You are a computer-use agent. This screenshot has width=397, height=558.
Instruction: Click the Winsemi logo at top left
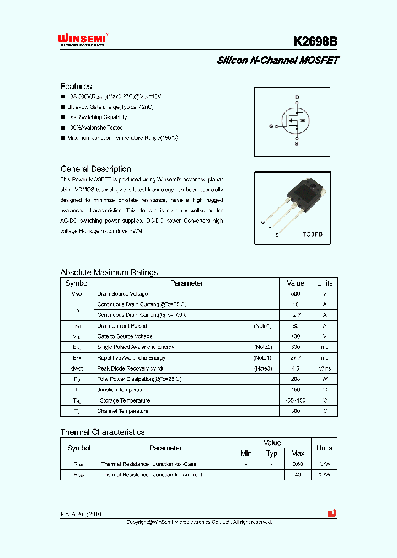tap(82, 40)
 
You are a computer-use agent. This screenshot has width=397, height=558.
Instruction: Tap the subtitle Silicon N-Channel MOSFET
tap(277, 60)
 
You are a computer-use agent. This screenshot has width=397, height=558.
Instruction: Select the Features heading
tap(76, 87)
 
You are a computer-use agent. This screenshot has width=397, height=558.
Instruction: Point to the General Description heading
tap(95, 169)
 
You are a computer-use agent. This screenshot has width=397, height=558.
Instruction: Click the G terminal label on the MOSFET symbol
tap(271, 126)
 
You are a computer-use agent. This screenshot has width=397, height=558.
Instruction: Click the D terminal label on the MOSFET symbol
tap(297, 98)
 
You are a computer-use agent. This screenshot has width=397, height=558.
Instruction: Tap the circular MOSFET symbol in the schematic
tap(296, 120)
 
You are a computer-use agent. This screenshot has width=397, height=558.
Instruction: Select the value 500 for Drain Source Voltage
tap(296, 294)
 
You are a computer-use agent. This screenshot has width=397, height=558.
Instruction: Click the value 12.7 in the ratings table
tap(296, 315)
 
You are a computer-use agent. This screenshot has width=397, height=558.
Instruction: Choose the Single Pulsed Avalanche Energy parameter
tap(136, 347)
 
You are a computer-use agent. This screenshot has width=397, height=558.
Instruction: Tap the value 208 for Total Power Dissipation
tap(296, 379)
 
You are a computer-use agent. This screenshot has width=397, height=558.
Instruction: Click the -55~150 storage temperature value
tap(296, 400)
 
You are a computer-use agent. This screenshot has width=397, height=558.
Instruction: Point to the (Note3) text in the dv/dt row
tap(262, 368)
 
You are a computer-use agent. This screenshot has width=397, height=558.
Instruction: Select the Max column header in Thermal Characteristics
tap(298, 453)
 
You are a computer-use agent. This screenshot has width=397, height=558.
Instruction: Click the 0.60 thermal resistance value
tap(298, 464)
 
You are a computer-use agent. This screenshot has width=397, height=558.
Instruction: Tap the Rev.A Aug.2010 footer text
tap(81, 514)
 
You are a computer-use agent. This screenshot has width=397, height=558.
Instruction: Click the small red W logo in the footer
tap(331, 513)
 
